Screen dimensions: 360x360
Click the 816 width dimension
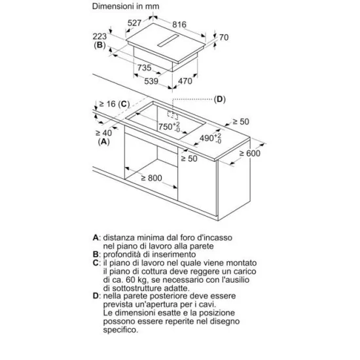(x=179, y=24)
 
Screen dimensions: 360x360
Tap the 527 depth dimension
(x=134, y=23)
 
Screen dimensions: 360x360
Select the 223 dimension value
(x=99, y=36)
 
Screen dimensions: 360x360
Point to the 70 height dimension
(x=224, y=37)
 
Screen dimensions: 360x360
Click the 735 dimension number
(x=145, y=67)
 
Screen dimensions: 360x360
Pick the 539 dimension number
(x=151, y=81)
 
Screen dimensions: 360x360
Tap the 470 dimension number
(x=185, y=81)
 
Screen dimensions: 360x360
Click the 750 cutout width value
(x=170, y=127)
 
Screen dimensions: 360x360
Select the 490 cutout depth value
(x=211, y=138)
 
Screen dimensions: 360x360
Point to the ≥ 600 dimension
(x=250, y=153)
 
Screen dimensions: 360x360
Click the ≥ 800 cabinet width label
(x=152, y=178)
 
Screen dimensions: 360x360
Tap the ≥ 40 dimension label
(x=103, y=133)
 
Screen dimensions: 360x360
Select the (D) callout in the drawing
(x=220, y=99)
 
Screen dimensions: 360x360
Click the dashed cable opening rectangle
(x=173, y=115)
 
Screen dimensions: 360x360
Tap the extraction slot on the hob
(x=168, y=41)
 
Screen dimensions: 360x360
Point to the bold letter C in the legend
(x=96, y=262)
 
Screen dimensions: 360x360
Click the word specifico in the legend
(x=121, y=330)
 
